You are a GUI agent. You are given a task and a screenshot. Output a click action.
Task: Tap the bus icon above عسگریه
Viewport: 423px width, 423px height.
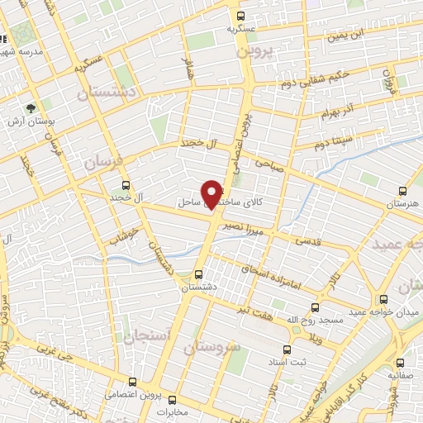(240, 16)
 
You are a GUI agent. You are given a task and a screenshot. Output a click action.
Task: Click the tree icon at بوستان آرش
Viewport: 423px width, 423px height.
(31, 107)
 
